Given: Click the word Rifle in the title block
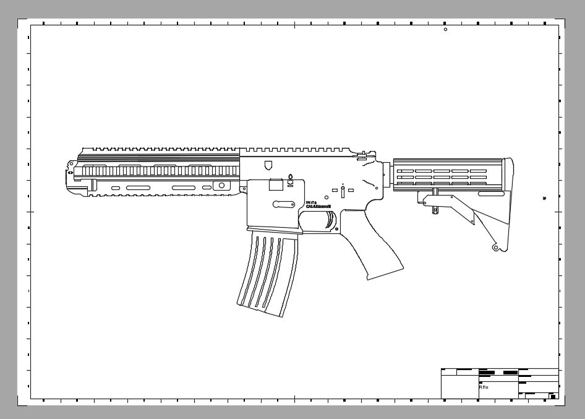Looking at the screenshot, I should pyautogui.click(x=484, y=387).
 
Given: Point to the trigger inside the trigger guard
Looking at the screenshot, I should pyautogui.click(x=331, y=220).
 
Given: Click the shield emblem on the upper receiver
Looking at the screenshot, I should pyautogui.click(x=268, y=165).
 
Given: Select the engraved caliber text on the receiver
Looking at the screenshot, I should pyautogui.click(x=318, y=205).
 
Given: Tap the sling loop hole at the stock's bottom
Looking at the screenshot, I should pyautogui.click(x=495, y=248).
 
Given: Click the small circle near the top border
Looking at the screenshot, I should pyautogui.click(x=445, y=30).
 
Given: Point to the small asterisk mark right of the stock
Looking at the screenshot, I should pyautogui.click(x=544, y=198).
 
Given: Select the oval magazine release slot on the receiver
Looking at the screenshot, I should pyautogui.click(x=283, y=203).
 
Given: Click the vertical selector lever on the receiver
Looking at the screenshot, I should pyautogui.click(x=343, y=192).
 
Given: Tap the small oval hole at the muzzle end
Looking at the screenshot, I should pyautogui.click(x=71, y=164).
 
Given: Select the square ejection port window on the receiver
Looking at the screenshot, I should pyautogui.click(x=276, y=184).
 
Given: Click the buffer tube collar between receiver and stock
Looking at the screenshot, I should pyautogui.click(x=387, y=176).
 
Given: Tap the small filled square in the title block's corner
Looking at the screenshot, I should pyautogui.click(x=553, y=396).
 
